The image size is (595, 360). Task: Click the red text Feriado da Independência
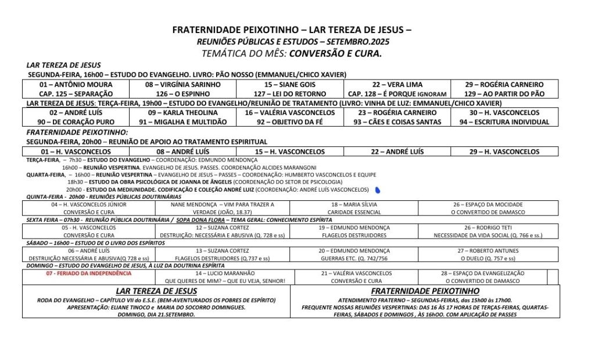[89, 273]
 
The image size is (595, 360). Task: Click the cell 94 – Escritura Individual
[504, 122]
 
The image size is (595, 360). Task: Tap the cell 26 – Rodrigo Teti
[488, 228]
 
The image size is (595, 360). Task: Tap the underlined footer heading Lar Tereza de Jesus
[156, 291]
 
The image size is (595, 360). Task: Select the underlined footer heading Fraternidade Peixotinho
[425, 291]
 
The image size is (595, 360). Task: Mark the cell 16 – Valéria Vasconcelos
[290, 113]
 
